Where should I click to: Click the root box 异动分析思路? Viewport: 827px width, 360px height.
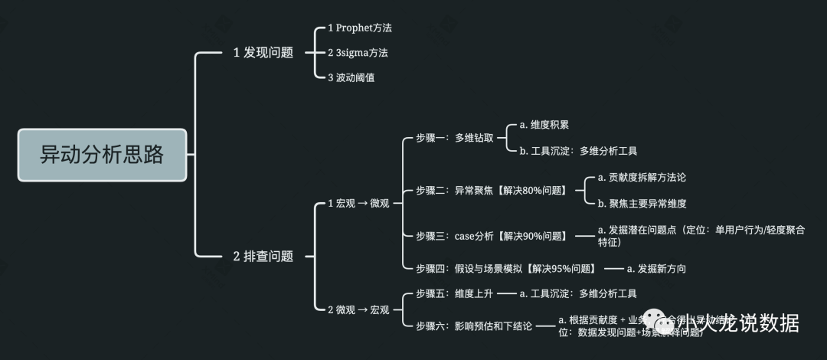(x=102, y=155)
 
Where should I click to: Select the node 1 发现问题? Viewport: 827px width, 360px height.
(x=263, y=53)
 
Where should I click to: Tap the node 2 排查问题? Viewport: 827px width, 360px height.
(x=263, y=257)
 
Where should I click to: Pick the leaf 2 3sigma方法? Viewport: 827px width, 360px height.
(x=358, y=53)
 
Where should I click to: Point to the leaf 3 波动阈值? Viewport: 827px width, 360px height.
(x=351, y=77)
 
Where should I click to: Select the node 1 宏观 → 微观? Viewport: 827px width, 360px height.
(x=358, y=203)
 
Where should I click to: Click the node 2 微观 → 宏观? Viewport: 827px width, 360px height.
(x=358, y=309)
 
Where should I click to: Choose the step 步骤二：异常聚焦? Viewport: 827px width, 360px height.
(x=491, y=190)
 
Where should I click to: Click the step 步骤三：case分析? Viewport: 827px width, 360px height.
(x=491, y=236)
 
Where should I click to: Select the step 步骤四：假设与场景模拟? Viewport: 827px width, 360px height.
(x=505, y=268)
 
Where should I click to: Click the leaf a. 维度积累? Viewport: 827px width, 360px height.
(x=544, y=125)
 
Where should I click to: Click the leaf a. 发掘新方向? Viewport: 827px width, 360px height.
(x=656, y=268)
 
